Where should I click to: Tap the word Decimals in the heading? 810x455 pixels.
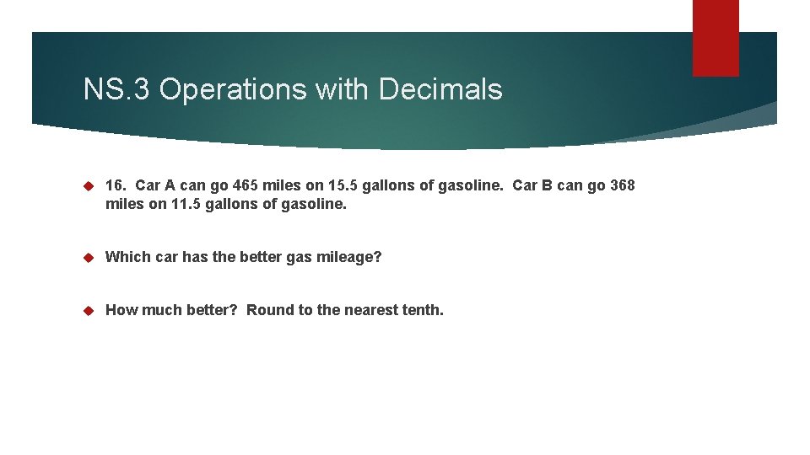coord(440,89)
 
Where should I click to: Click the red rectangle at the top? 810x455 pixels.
coord(715,37)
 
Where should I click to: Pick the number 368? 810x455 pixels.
coord(622,185)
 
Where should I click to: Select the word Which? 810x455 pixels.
coord(127,257)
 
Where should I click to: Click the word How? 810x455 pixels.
coord(121,310)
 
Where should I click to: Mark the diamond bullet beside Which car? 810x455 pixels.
coord(89,257)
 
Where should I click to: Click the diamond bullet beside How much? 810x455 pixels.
coord(89,310)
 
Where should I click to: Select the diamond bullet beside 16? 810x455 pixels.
coord(89,185)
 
